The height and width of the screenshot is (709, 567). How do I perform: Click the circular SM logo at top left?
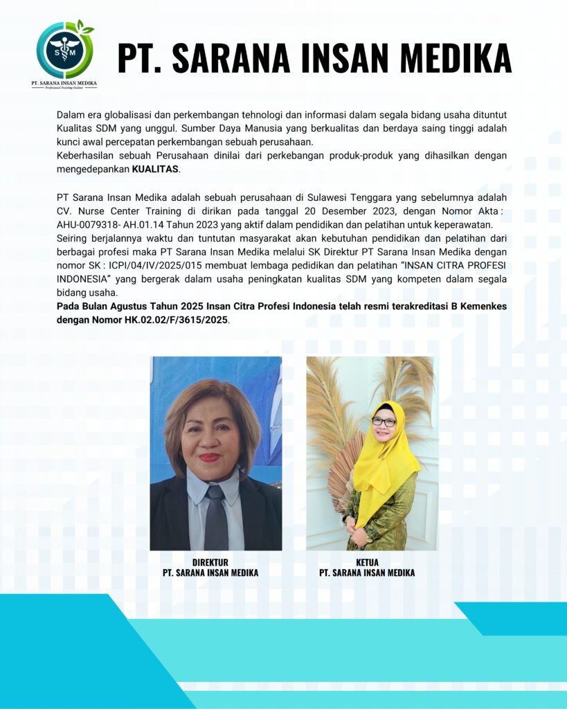point(64,51)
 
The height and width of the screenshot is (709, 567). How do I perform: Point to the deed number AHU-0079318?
point(87,224)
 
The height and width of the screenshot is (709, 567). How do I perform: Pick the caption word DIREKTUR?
point(210,562)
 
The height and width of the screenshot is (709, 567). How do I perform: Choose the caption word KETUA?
point(367,562)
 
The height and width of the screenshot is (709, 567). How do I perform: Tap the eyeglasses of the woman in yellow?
point(384,422)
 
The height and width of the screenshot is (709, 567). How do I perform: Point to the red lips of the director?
point(209,458)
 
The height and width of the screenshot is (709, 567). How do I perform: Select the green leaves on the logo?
point(85,28)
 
